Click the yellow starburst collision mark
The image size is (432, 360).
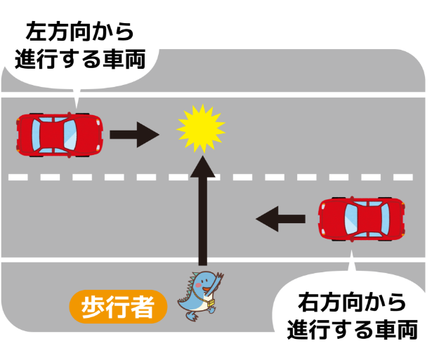tap(200, 128)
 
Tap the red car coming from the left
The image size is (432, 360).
tap(60, 133)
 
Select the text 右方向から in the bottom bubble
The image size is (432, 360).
tap(352, 302)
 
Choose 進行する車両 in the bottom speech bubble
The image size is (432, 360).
tap(352, 329)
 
